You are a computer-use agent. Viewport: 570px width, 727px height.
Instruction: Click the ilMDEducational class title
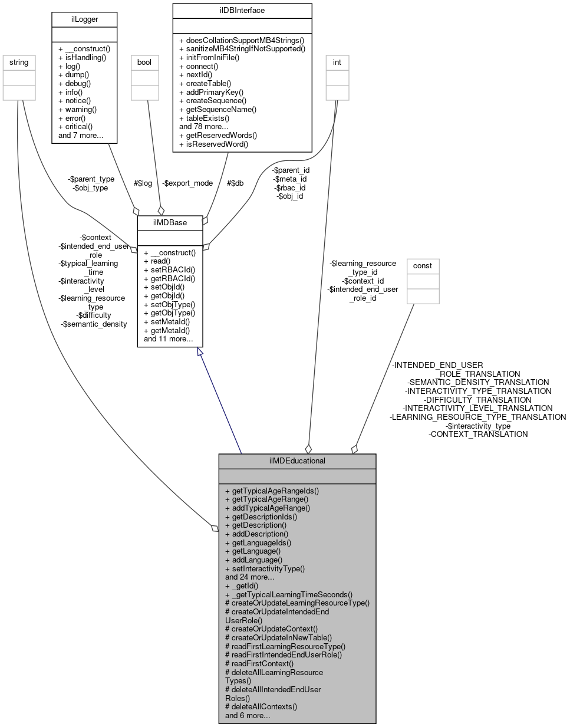297,460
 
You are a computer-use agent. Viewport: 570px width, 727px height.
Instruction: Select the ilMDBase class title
170,222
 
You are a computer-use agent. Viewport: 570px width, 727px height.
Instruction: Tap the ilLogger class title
84,19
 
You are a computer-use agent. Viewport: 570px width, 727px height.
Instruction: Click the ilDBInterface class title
242,10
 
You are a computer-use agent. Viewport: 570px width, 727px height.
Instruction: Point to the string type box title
18,62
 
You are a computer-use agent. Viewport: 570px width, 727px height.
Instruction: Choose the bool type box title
144,62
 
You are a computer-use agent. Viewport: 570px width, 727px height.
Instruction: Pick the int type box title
337,62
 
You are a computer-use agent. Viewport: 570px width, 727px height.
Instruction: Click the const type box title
422,265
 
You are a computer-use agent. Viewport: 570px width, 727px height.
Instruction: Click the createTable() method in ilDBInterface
205,84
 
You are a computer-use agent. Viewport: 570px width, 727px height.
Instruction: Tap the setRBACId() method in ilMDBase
169,269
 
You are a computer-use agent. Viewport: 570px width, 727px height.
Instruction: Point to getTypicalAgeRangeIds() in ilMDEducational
275,491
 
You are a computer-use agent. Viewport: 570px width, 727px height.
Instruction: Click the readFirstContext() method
259,663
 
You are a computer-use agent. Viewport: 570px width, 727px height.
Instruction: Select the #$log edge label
143,183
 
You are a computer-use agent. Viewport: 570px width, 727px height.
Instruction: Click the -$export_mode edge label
187,183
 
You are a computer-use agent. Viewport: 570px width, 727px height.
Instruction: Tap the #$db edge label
235,183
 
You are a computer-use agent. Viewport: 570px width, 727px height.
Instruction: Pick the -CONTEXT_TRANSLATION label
478,434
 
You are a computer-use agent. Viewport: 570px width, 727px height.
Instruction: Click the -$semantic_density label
94,324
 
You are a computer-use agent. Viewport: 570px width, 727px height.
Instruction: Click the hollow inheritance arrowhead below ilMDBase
200,352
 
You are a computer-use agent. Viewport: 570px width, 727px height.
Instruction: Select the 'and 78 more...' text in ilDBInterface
204,126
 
